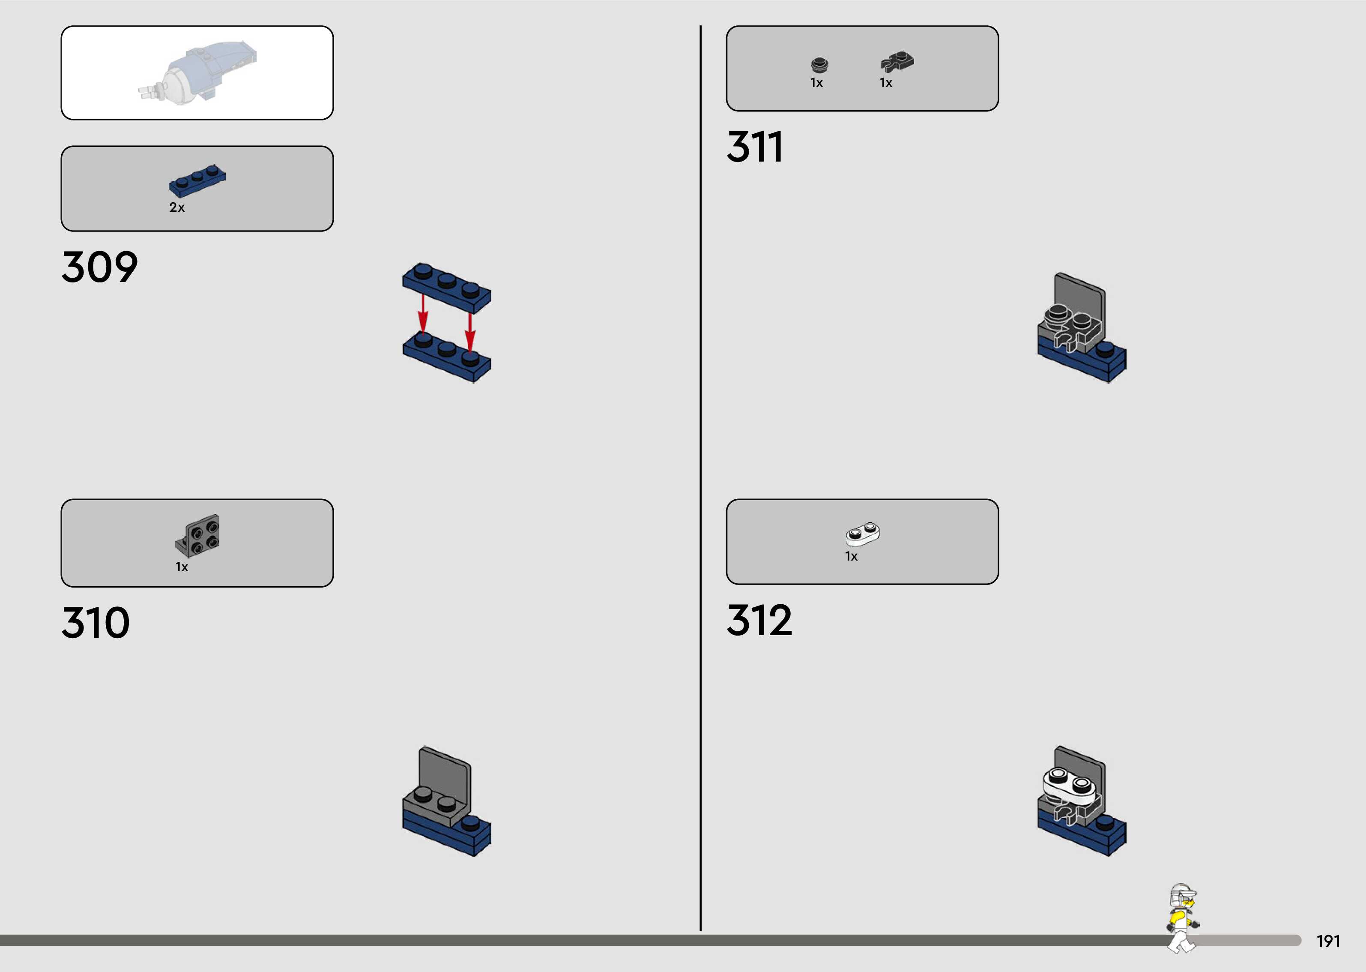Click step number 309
[99, 267]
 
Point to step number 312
[759, 620]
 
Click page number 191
[1328, 941]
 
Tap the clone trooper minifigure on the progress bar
[1182, 916]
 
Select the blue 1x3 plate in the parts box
[197, 180]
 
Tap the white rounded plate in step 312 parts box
[862, 534]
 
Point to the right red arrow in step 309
[470, 331]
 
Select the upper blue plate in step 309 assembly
[447, 286]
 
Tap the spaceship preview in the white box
[197, 73]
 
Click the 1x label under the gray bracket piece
[182, 567]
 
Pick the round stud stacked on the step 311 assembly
[1058, 313]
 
